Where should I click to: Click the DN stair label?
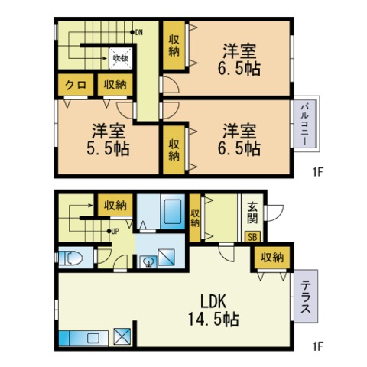[139, 32]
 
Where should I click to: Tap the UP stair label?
[115, 232]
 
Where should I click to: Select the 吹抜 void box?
[121, 58]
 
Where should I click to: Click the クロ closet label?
[76, 85]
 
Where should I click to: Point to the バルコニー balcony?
[305, 124]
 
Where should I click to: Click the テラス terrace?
[306, 296]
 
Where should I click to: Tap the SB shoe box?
[252, 237]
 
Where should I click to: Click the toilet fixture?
[71, 258]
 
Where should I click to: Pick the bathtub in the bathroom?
[173, 212]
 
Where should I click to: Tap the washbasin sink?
[148, 261]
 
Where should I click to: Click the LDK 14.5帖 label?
[213, 310]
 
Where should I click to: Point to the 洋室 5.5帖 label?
[108, 139]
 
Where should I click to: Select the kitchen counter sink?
[92, 339]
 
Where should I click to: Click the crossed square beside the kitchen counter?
[122, 336]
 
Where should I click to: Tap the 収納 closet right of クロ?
[115, 85]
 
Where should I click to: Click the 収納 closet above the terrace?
[272, 258]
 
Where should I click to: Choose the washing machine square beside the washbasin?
[166, 258]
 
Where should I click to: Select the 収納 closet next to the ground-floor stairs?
[115, 205]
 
